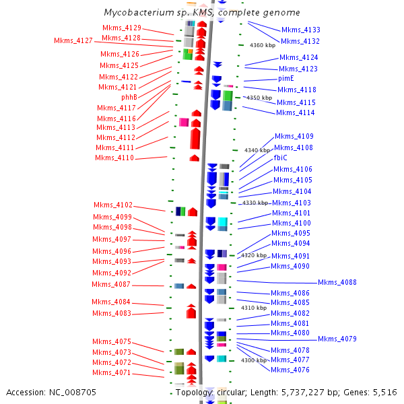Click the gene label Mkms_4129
(x=122, y=28)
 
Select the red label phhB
(x=129, y=97)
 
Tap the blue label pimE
(x=286, y=78)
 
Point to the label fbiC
(x=281, y=158)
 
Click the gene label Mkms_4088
(x=337, y=282)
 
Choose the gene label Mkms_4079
(x=337, y=339)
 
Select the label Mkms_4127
(x=73, y=40)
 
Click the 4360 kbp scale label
(x=262, y=45)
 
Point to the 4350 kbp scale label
(x=259, y=98)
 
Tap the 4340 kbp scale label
(x=257, y=150)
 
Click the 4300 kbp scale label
(x=254, y=360)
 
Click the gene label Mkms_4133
(x=300, y=30)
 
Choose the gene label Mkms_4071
(x=112, y=372)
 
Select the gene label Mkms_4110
(x=114, y=158)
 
